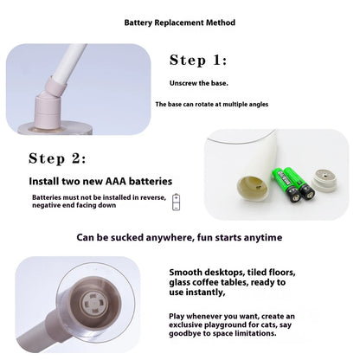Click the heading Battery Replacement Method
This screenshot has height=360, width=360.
pos(179,22)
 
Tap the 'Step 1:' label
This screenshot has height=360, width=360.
pos(198,60)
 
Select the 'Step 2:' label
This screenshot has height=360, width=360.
pos(57,158)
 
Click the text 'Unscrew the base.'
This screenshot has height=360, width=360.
pos(199,83)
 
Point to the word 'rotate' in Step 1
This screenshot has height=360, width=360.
pos(204,104)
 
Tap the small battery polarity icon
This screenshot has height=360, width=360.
pos(176,202)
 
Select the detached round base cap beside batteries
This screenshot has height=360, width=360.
pos(325,179)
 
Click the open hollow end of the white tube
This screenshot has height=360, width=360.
pos(252,188)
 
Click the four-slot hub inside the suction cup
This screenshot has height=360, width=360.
pos(94,303)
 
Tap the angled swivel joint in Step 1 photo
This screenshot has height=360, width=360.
pos(55,87)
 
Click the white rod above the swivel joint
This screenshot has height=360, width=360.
pos(69,61)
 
